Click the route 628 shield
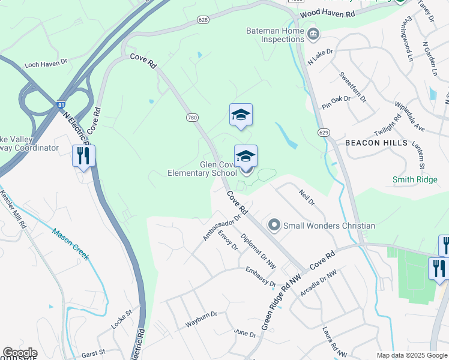[x=202, y=20]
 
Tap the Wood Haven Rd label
[x=327, y=13]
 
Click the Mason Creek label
[x=71, y=244]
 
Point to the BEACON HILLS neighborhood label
[x=376, y=143]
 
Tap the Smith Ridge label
[x=414, y=179]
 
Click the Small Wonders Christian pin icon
[x=274, y=226]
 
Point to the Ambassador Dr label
[x=217, y=228]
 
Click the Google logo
[x=20, y=353]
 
